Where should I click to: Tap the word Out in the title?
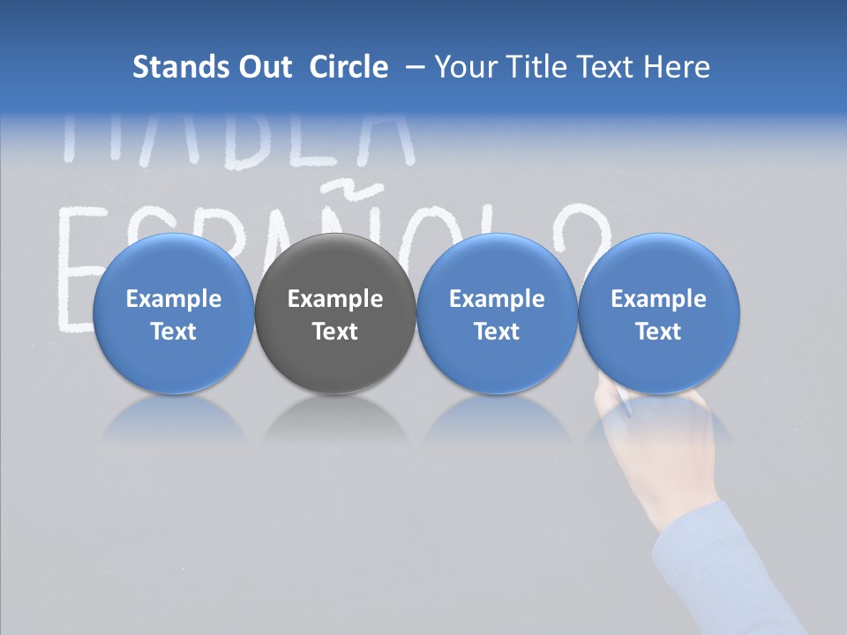262,67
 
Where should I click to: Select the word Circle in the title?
349,67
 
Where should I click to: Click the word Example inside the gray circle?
335,299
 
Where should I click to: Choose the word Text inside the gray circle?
335,332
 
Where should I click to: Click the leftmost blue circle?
173,265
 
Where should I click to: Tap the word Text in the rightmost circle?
658,332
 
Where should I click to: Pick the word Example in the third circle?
497,299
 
